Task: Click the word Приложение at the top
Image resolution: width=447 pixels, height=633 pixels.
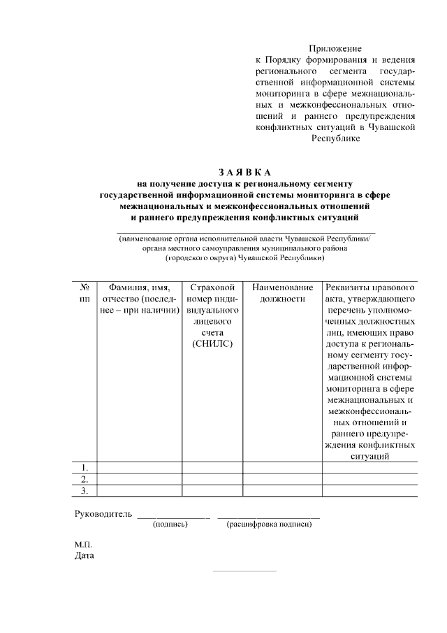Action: (335, 48)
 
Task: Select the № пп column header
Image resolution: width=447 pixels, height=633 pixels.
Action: (85, 292)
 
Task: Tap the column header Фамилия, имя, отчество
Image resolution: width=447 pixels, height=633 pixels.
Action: (139, 298)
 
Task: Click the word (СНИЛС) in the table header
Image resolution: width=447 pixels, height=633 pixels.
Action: (212, 343)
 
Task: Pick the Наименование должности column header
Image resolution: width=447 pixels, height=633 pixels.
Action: (282, 292)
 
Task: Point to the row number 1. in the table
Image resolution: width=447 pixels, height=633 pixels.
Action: (85, 467)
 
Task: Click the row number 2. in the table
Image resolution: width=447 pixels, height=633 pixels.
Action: (85, 478)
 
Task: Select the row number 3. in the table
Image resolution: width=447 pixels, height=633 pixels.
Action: (85, 490)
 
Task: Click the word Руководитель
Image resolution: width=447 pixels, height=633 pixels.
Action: (103, 514)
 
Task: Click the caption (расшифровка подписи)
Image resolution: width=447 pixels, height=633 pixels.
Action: (269, 525)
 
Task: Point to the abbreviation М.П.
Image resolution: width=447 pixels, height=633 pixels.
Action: (83, 544)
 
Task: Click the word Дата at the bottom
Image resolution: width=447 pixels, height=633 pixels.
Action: (85, 557)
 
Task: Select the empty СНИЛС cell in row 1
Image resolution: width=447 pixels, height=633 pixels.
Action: (212, 467)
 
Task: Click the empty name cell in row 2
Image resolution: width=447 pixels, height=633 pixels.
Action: (139, 478)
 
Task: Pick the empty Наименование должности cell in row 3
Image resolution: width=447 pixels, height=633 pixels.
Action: (282, 490)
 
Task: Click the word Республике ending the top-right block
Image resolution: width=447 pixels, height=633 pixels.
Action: (335, 138)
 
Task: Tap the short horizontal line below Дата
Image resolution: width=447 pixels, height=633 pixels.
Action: (244, 571)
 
